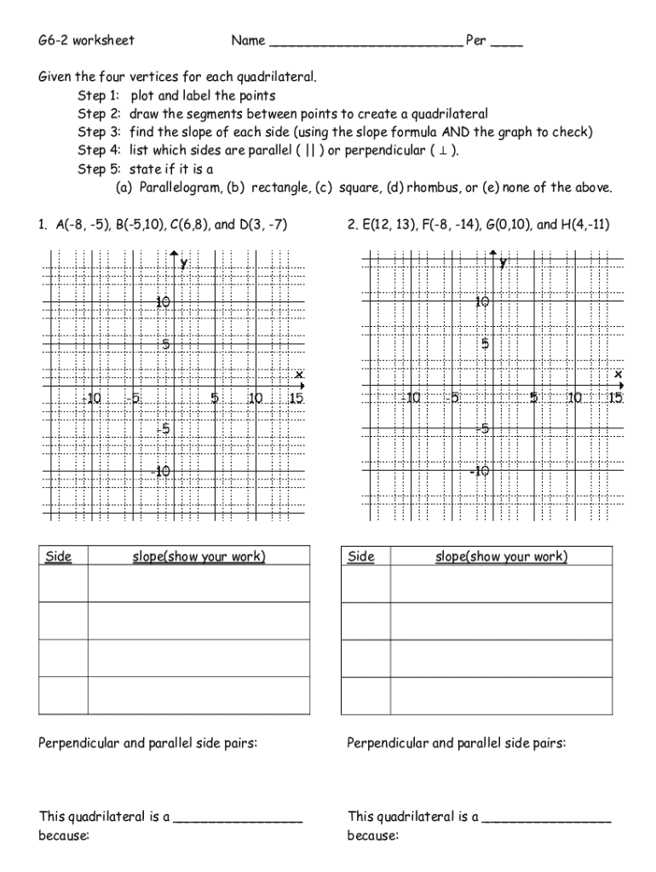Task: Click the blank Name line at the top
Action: tap(365, 43)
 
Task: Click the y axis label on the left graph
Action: tap(184, 264)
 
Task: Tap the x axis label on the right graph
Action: tap(618, 374)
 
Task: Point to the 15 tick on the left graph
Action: tap(296, 399)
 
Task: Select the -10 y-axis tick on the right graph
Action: tap(480, 472)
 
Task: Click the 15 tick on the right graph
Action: tap(615, 399)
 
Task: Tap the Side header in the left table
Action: tap(59, 557)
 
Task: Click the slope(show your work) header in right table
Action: tap(501, 557)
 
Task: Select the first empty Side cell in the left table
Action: tap(63, 583)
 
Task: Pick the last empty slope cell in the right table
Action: tap(501, 696)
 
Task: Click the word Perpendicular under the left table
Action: tap(79, 743)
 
